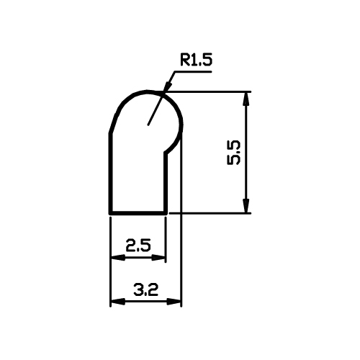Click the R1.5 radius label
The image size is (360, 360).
(x=196, y=60)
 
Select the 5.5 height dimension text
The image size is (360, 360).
(x=233, y=153)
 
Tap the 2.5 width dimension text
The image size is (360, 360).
(x=138, y=246)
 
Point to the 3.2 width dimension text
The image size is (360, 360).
(x=146, y=289)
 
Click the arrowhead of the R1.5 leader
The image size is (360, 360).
(x=168, y=86)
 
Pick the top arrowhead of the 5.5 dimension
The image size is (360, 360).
(x=246, y=99)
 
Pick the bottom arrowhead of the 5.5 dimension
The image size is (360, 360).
(x=246, y=206)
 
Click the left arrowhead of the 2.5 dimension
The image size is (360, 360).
(x=117, y=258)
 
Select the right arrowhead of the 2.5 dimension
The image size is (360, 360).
(x=158, y=258)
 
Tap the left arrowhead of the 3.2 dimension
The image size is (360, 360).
(x=117, y=302)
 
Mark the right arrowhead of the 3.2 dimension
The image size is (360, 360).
(x=174, y=302)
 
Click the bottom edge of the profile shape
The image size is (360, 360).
(x=138, y=213)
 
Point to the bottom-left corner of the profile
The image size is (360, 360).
(x=111, y=213)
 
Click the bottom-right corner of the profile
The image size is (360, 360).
(x=166, y=213)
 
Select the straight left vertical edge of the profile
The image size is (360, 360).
(x=111, y=173)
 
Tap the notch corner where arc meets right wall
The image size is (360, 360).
(x=166, y=153)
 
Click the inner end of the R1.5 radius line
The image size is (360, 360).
(x=148, y=125)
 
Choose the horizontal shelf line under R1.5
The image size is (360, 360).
(x=193, y=71)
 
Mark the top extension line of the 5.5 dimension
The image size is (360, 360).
(x=207, y=91)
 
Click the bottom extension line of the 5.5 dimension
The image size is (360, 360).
(x=210, y=213)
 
